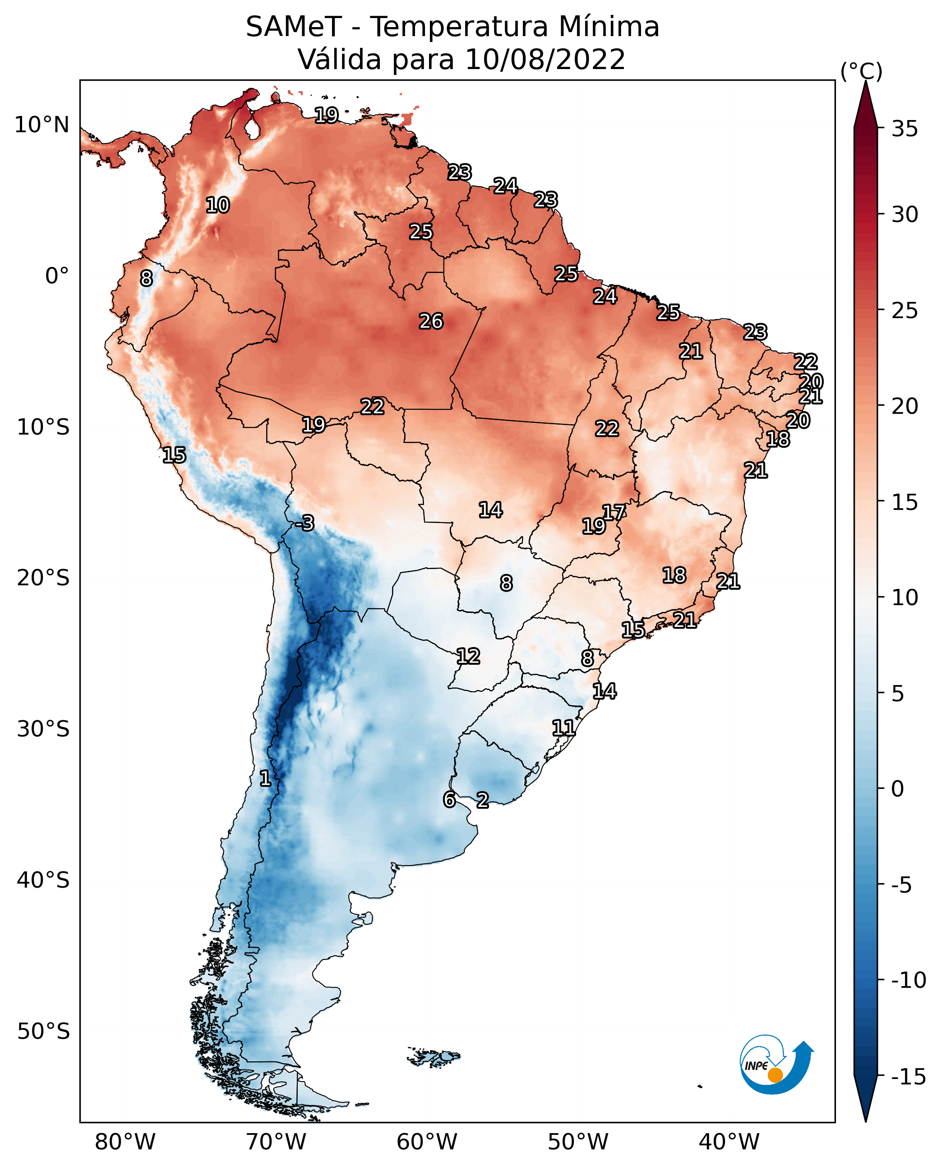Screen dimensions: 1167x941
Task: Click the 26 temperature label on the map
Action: pos(431,322)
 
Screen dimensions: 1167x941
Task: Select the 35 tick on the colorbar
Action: pos(904,129)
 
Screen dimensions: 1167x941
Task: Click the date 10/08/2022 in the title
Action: pos(545,59)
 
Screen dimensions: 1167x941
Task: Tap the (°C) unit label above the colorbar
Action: pos(861,71)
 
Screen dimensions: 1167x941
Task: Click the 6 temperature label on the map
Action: pos(449,799)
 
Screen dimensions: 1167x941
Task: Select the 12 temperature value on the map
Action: pos(468,657)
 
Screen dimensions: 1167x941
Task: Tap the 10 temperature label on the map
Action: pos(217,205)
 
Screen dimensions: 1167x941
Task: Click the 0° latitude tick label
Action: pos(57,276)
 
